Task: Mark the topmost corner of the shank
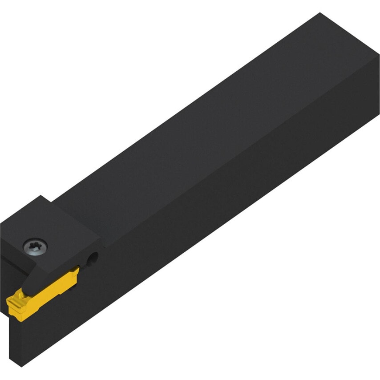[320, 13]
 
